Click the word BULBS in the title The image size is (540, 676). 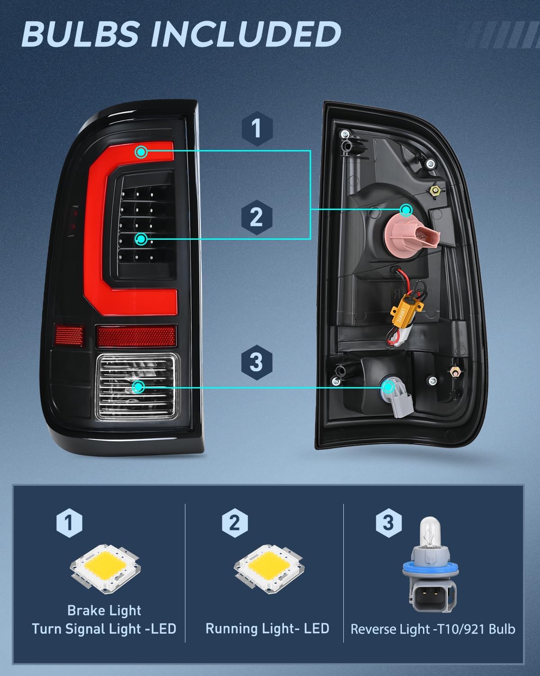pyautogui.click(x=81, y=34)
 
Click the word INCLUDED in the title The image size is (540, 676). pyautogui.click(x=246, y=34)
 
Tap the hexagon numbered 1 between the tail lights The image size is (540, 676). pyautogui.click(x=257, y=128)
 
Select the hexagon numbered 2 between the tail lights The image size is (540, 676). pyautogui.click(x=256, y=217)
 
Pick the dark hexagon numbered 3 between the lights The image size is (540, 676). pyautogui.click(x=256, y=362)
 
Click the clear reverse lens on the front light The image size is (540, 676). pyautogui.click(x=137, y=387)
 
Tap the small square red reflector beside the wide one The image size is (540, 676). pyautogui.click(x=69, y=335)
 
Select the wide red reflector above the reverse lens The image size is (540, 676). pyautogui.click(x=136, y=336)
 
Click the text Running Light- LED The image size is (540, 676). pyautogui.click(x=267, y=629)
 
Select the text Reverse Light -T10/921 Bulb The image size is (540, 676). pyautogui.click(x=433, y=629)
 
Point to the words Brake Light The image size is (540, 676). pyautogui.click(x=104, y=610)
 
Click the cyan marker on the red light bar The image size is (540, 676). pyautogui.click(x=141, y=152)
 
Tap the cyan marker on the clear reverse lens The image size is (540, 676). pyautogui.click(x=138, y=387)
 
